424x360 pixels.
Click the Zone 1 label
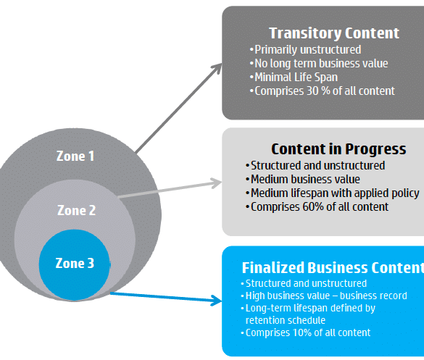tap(75, 156)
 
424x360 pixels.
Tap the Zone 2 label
tap(77, 210)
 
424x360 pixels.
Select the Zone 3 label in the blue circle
tap(75, 263)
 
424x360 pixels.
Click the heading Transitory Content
tap(334, 33)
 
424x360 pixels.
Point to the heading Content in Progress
tap(338, 149)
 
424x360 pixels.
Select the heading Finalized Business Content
tap(333, 267)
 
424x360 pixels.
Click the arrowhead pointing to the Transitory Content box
tap(217, 68)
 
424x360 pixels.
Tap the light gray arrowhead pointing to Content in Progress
tap(217, 183)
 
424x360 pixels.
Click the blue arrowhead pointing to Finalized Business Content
tap(217, 301)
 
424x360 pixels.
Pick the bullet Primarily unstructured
tap(306, 50)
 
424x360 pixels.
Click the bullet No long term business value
tap(319, 64)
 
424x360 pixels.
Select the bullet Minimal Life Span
tap(294, 78)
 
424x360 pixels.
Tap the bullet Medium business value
tap(303, 180)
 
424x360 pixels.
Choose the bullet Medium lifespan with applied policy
tap(333, 193)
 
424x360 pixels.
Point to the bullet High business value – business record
tap(324, 296)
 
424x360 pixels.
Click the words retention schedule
tap(286, 320)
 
